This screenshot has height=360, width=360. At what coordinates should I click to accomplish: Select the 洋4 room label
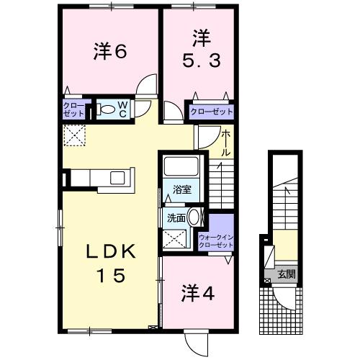195,294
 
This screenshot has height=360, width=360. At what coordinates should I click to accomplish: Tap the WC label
122,110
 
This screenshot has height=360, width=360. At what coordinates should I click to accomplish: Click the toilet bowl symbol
107,110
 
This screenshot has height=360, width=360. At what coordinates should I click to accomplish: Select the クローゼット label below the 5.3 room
212,112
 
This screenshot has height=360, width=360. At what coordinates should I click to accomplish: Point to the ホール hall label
226,143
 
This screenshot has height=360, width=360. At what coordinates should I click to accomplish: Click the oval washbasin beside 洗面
195,218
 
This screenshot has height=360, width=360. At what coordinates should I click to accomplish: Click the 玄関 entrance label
287,274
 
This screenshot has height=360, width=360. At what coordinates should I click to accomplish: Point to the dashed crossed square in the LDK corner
73,135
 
